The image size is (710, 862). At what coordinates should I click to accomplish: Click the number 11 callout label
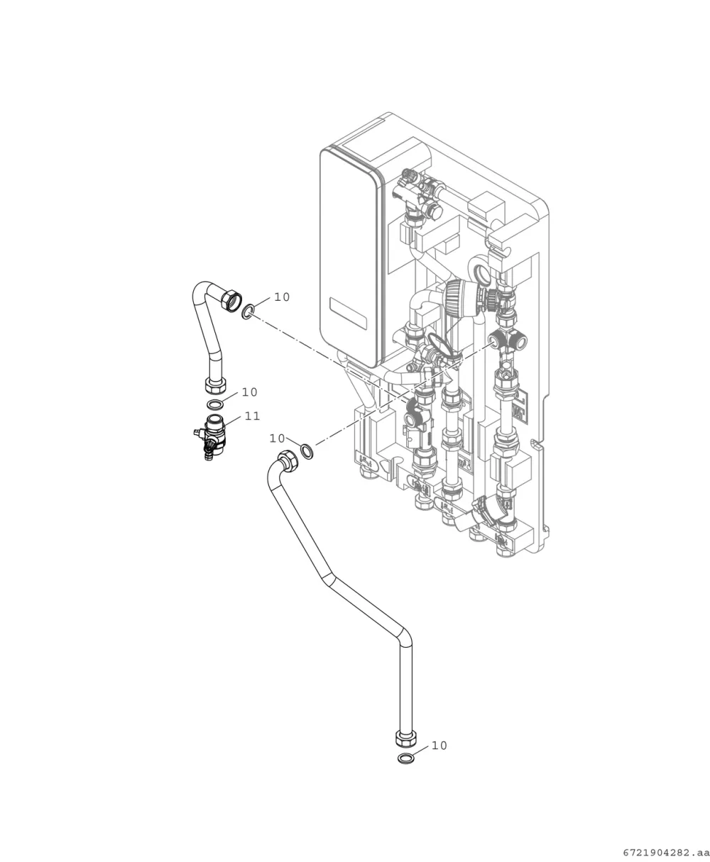252,416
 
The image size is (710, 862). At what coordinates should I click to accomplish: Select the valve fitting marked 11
211,436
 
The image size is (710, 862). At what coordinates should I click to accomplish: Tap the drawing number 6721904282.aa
666,853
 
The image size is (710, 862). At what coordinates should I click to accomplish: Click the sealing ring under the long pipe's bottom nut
405,759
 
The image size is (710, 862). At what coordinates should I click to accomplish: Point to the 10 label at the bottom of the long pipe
439,746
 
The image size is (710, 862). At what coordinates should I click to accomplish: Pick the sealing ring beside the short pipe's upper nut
248,311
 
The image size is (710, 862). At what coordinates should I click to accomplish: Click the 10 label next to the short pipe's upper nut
282,297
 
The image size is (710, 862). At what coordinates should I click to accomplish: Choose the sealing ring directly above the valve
215,404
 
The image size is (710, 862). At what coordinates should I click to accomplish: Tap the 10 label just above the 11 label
249,392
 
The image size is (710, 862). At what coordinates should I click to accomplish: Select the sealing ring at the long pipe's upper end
307,451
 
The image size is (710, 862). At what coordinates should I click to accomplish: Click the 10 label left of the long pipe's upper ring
277,438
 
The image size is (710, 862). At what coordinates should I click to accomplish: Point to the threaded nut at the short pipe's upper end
231,300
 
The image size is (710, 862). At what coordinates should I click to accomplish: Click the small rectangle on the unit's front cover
348,314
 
